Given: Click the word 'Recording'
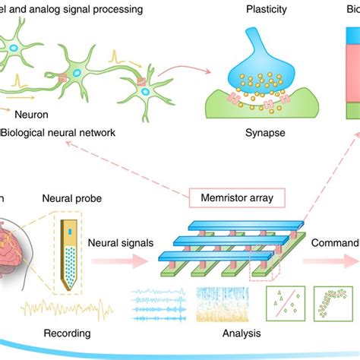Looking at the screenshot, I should (x=67, y=333).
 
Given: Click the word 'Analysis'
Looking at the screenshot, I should (x=236, y=333).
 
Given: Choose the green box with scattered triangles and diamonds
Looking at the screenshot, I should (x=283, y=304).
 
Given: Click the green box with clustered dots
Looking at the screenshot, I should (x=336, y=304).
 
